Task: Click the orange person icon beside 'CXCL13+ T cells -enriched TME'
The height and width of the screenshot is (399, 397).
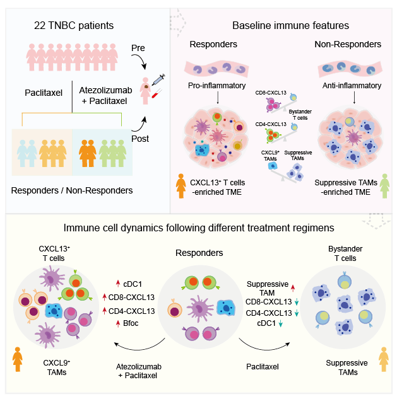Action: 181,185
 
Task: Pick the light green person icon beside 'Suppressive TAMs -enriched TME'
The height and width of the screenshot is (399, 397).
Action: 382,185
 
